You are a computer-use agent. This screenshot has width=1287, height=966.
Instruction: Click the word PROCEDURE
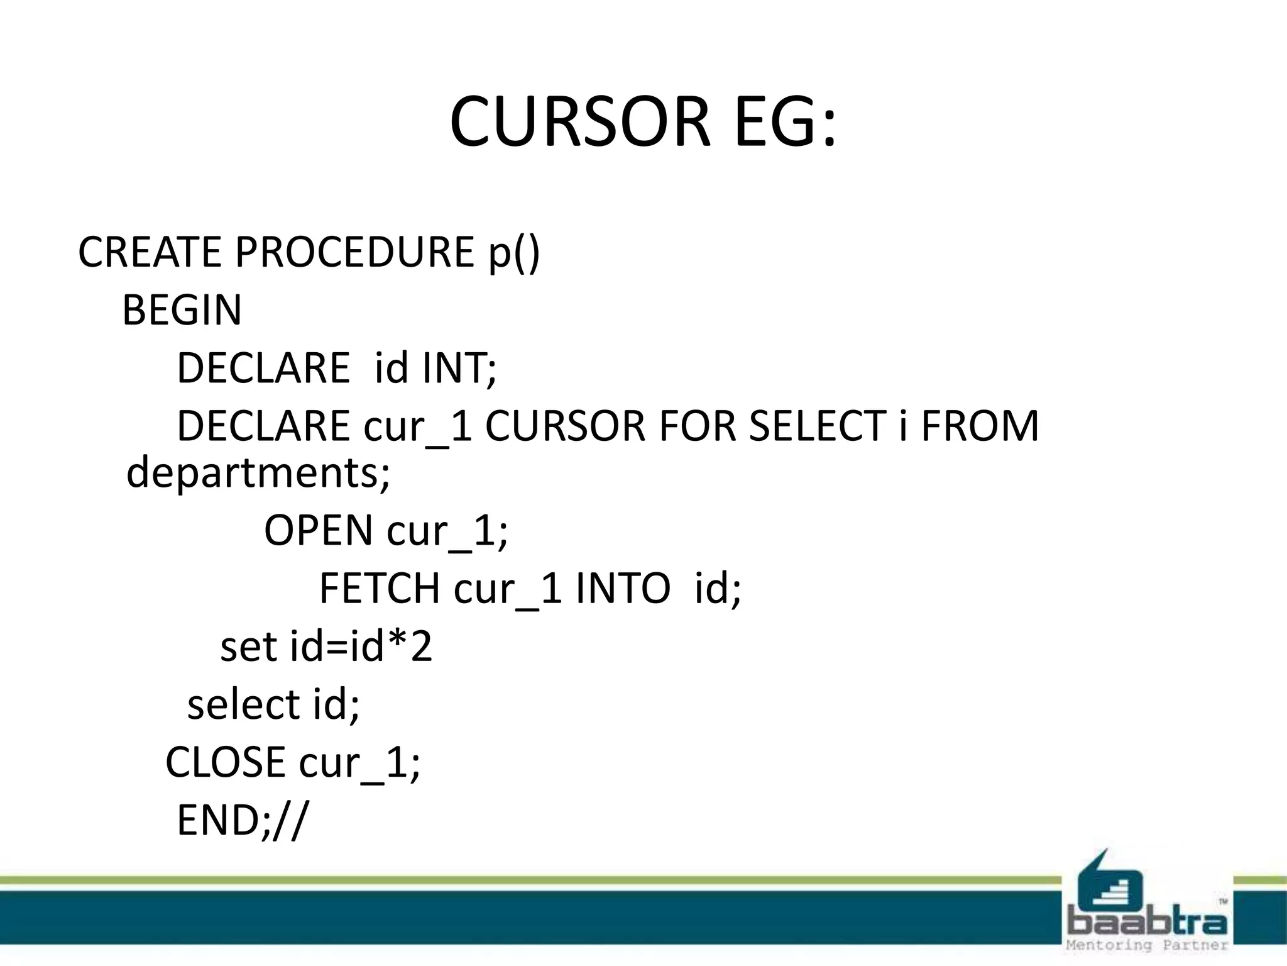click(354, 252)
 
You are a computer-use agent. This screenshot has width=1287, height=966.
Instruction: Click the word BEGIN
click(182, 310)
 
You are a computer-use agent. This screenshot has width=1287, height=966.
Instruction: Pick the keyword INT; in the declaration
click(459, 368)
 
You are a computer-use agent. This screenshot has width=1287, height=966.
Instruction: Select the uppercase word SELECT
click(818, 426)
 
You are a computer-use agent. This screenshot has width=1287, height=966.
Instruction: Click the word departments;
click(258, 473)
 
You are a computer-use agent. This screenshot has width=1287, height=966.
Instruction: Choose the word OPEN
click(318, 530)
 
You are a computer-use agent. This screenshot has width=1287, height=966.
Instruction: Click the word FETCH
click(380, 589)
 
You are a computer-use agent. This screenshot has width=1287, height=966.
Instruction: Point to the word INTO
click(623, 589)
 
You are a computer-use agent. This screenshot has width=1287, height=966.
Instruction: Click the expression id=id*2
click(361, 647)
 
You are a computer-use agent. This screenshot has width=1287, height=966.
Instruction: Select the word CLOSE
click(225, 762)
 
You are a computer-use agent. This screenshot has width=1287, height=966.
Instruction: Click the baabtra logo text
click(1147, 924)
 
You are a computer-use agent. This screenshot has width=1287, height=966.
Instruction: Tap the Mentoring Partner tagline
click(1147, 945)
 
